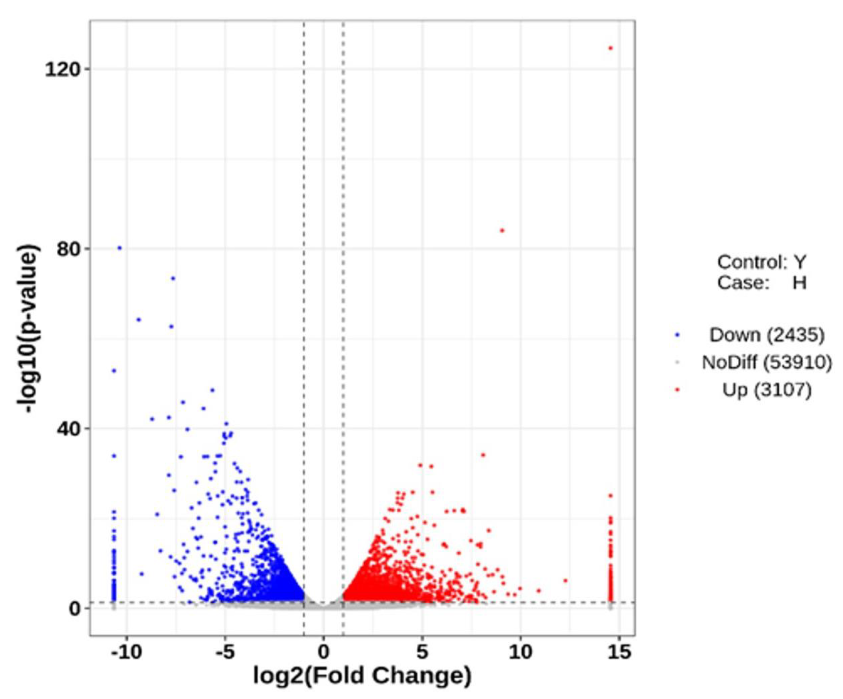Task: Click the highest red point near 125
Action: (x=611, y=48)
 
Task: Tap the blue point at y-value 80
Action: (x=119, y=248)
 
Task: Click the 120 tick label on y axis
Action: (x=61, y=69)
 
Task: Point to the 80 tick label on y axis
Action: (x=67, y=249)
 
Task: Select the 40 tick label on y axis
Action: (x=67, y=428)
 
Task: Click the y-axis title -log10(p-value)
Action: (x=29, y=329)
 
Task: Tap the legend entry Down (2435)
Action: (x=767, y=335)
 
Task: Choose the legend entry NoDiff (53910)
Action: (x=767, y=362)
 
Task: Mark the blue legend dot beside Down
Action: (x=678, y=335)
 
